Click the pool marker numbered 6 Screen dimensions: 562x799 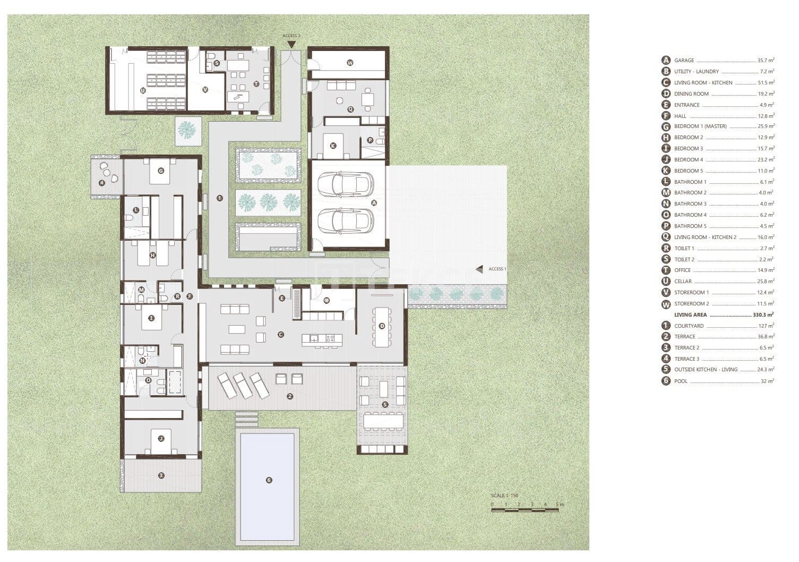269,480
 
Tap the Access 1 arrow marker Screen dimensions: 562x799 479,269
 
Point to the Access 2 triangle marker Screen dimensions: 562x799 291,44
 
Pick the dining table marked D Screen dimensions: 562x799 382,326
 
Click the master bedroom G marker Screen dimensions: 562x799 161,171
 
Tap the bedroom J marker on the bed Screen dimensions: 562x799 160,439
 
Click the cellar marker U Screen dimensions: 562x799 143,90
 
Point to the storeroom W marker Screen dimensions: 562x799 350,63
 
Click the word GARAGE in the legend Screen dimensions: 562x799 684,61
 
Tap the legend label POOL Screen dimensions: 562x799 681,381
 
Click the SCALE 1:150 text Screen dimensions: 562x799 504,496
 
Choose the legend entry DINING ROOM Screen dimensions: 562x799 691,94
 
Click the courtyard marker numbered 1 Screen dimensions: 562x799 219,198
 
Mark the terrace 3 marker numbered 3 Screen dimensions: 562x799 161,475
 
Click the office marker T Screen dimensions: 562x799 256,83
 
